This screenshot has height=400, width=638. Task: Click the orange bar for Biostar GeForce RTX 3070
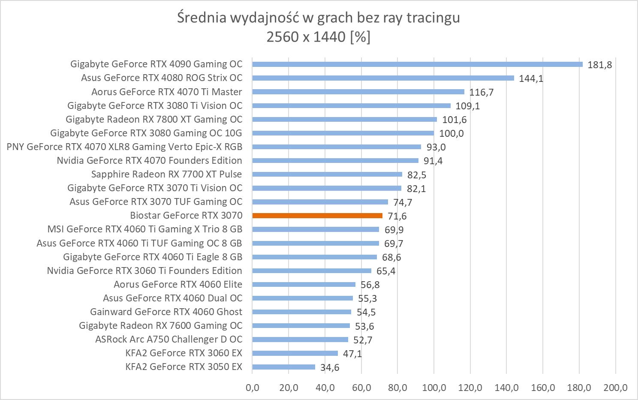(317, 216)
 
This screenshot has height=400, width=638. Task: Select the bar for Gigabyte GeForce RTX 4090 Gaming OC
(417, 64)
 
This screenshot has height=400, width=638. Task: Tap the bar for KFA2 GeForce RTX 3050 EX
(283, 367)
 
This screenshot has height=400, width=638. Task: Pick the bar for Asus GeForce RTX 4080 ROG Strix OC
(383, 78)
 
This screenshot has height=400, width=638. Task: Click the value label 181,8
(599, 65)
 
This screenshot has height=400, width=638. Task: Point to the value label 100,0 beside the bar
(451, 134)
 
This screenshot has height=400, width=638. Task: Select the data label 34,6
(330, 368)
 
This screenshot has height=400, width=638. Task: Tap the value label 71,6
(397, 217)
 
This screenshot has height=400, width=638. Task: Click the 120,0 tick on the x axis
(470, 388)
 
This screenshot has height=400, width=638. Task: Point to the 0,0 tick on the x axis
(252, 388)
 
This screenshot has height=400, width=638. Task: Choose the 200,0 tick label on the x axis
(615, 388)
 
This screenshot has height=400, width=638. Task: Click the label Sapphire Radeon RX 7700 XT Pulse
(166, 174)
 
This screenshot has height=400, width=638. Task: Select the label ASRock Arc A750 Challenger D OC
(169, 340)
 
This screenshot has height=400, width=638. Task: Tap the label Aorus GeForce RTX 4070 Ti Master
(166, 92)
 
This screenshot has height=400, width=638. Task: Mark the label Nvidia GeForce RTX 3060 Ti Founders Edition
(144, 271)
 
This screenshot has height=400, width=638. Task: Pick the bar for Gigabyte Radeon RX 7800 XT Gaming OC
(344, 120)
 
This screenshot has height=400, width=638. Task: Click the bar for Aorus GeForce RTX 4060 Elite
(304, 284)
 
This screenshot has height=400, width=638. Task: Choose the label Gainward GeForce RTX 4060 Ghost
(166, 312)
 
